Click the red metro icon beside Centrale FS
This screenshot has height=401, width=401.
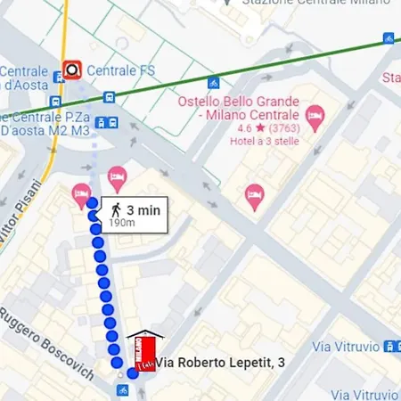tap(71, 69)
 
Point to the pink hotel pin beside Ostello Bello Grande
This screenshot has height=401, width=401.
tap(314, 116)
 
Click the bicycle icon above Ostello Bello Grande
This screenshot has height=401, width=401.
tap(214, 83)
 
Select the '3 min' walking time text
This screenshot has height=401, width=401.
tap(143, 210)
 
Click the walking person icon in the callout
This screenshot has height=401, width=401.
tap(116, 210)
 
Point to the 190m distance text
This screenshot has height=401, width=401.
tap(122, 223)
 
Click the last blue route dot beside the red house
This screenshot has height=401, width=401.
tap(133, 372)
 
